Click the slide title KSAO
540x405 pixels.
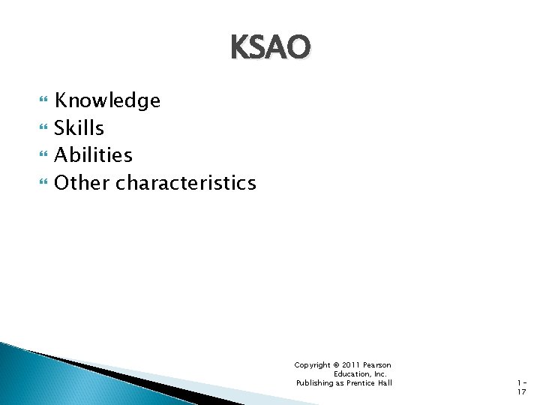tap(270, 48)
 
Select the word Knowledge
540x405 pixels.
tap(107, 100)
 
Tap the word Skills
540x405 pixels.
tap(79, 127)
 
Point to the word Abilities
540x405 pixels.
tap(93, 155)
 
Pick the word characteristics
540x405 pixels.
tap(186, 182)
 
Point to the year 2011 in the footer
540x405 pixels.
tap(351, 365)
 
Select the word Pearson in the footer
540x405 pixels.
tap(377, 365)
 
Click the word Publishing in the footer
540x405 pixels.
tap(315, 383)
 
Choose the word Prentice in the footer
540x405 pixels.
tap(361, 383)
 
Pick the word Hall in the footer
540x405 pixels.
tap(385, 383)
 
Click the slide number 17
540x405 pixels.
tap(522, 392)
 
